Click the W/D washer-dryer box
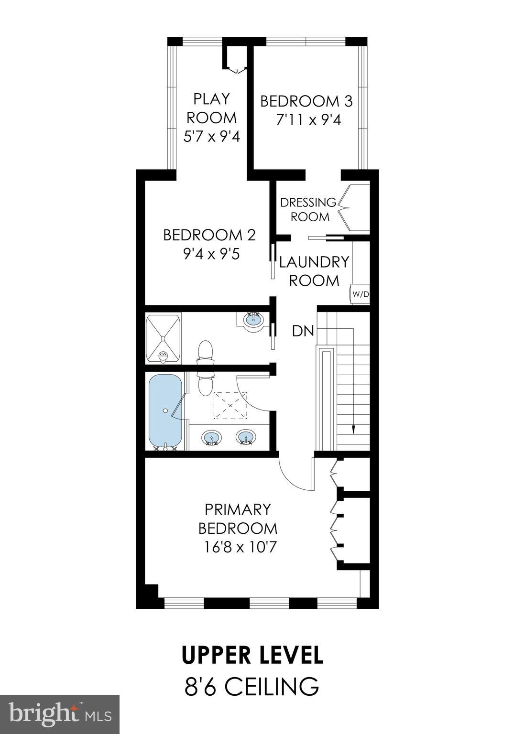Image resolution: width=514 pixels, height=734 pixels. click(361, 294)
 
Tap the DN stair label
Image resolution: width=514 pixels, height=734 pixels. click(303, 331)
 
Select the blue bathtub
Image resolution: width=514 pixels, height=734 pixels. click(165, 410)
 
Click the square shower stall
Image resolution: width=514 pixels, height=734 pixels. click(164, 337)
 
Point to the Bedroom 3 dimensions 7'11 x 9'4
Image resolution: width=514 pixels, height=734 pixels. click(308, 119)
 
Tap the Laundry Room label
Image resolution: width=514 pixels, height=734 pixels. click(314, 271)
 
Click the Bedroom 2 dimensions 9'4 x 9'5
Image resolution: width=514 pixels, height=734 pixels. click(210, 253)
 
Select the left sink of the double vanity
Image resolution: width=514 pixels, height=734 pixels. click(211, 437)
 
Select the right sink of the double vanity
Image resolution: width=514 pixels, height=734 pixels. click(245, 437)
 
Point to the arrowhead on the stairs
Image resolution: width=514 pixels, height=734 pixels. click(354, 430)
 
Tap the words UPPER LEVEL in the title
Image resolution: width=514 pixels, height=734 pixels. click(252, 655)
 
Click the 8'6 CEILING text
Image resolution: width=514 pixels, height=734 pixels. click(252, 686)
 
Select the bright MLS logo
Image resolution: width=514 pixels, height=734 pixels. click(60, 714)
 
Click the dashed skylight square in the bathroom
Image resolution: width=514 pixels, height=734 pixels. click(230, 405)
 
